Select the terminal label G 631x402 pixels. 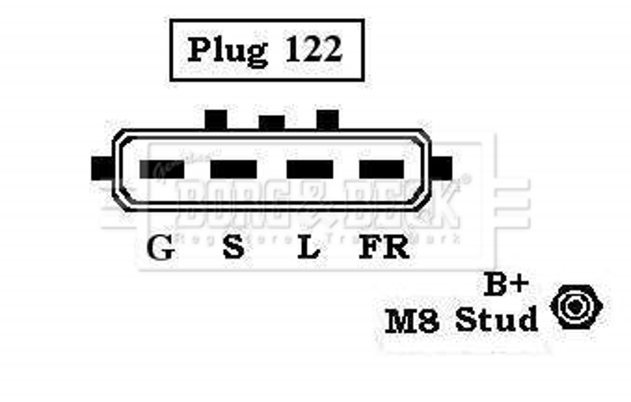162,248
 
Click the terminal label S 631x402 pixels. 233,248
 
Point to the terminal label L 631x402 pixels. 308,248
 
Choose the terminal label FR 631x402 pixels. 384,248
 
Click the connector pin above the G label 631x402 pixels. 162,169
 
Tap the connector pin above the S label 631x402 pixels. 233,169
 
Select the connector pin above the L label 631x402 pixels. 308,169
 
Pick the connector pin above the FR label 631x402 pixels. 382,169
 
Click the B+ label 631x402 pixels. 500,285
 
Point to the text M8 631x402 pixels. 412,320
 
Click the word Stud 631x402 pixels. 497,319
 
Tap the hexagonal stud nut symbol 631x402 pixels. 579,307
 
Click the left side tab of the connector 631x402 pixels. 102,168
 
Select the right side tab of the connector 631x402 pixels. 443,167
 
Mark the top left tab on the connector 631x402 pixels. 215,120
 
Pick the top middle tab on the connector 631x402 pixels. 271,123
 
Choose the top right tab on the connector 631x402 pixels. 327,120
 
